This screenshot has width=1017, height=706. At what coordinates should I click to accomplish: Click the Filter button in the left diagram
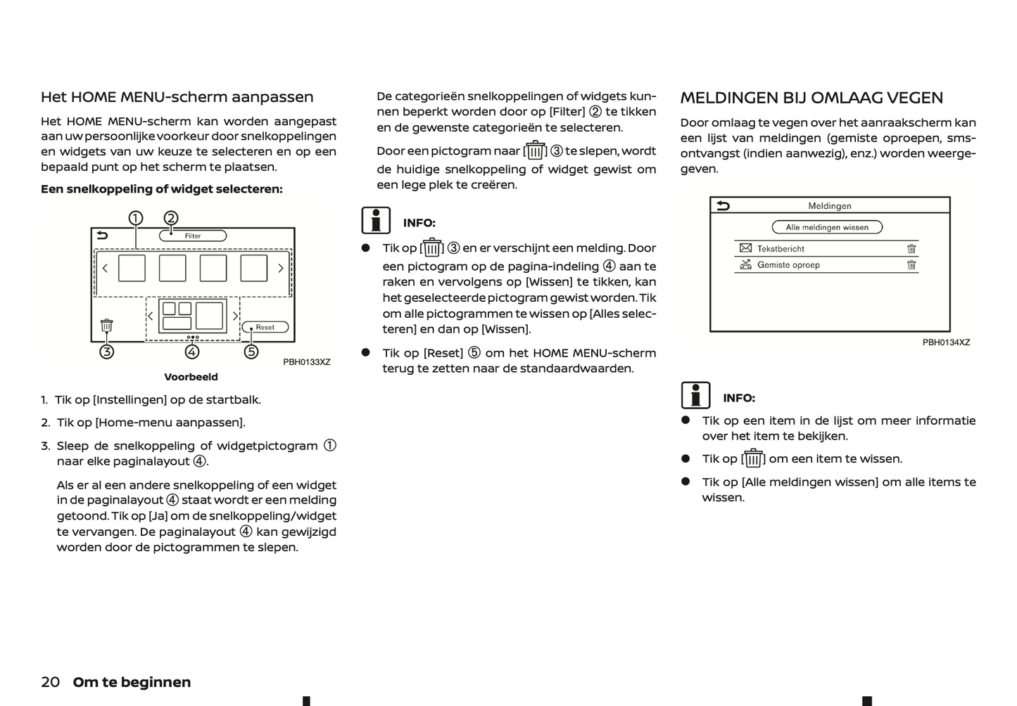[x=193, y=236]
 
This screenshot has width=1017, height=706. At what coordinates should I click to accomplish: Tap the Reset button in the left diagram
[x=265, y=327]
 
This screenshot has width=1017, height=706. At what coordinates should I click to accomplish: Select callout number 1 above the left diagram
[x=136, y=218]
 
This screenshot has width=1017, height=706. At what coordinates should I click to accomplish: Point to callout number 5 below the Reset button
[x=251, y=352]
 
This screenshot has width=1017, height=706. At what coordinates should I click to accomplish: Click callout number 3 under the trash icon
[x=106, y=352]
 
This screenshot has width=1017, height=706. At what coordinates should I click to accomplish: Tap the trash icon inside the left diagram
[x=106, y=326]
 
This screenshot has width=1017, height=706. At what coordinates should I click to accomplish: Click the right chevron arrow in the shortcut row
[x=280, y=268]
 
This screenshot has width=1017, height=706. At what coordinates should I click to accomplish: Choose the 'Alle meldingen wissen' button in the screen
[x=827, y=227]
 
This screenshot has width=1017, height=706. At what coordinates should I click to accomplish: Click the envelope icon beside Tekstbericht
[x=746, y=248]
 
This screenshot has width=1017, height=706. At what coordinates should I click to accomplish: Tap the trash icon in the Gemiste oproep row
[x=911, y=265]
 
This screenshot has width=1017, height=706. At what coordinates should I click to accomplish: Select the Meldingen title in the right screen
[x=830, y=206]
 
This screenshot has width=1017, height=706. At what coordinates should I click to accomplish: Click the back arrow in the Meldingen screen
[x=724, y=205]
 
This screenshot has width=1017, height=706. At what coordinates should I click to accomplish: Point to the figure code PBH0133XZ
[x=307, y=362]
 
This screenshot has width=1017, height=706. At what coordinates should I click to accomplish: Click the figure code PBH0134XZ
[x=946, y=342]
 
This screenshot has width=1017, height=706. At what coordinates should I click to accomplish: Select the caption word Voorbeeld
[x=191, y=377]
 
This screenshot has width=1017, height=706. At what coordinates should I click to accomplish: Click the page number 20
[x=50, y=682]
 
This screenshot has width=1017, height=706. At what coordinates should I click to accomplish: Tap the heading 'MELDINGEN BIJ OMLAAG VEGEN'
[x=811, y=98]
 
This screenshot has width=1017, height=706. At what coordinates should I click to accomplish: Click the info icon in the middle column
[x=377, y=221]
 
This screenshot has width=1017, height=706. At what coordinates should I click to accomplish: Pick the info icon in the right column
[x=695, y=395]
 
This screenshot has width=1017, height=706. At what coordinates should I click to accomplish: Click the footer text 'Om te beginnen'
[x=132, y=682]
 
